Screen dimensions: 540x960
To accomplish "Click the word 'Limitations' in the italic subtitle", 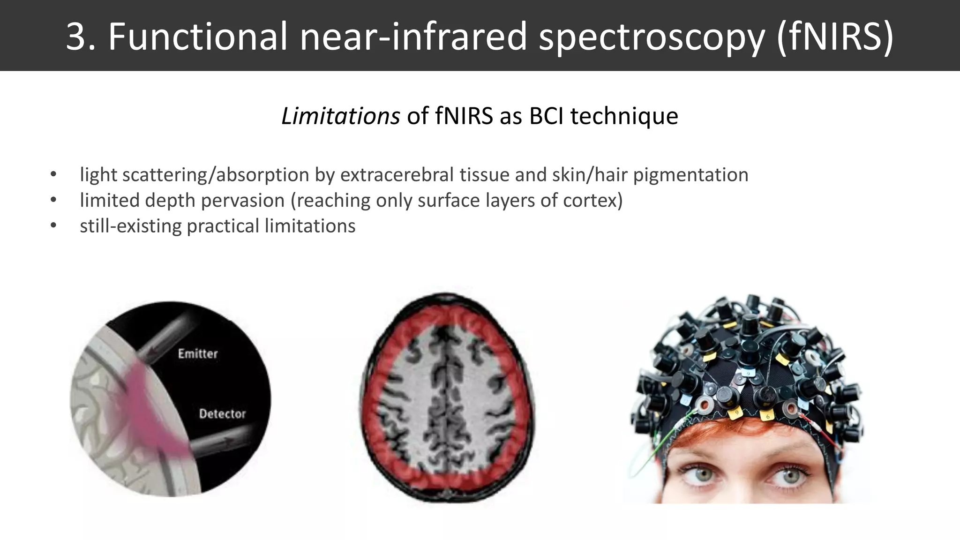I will click(x=340, y=116).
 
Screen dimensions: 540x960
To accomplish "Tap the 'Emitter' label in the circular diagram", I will click(x=198, y=353).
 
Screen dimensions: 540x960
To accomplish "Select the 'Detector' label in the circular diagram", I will click(x=222, y=413).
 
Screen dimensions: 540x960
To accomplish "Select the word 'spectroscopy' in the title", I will click(x=652, y=37).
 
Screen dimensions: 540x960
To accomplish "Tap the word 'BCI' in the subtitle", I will click(x=546, y=116).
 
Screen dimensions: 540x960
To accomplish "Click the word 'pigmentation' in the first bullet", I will click(x=690, y=175).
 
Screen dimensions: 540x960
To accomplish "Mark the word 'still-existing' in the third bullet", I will click(x=130, y=226).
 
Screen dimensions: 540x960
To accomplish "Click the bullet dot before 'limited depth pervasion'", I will click(x=53, y=201).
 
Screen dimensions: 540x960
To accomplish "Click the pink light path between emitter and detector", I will click(x=150, y=403).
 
